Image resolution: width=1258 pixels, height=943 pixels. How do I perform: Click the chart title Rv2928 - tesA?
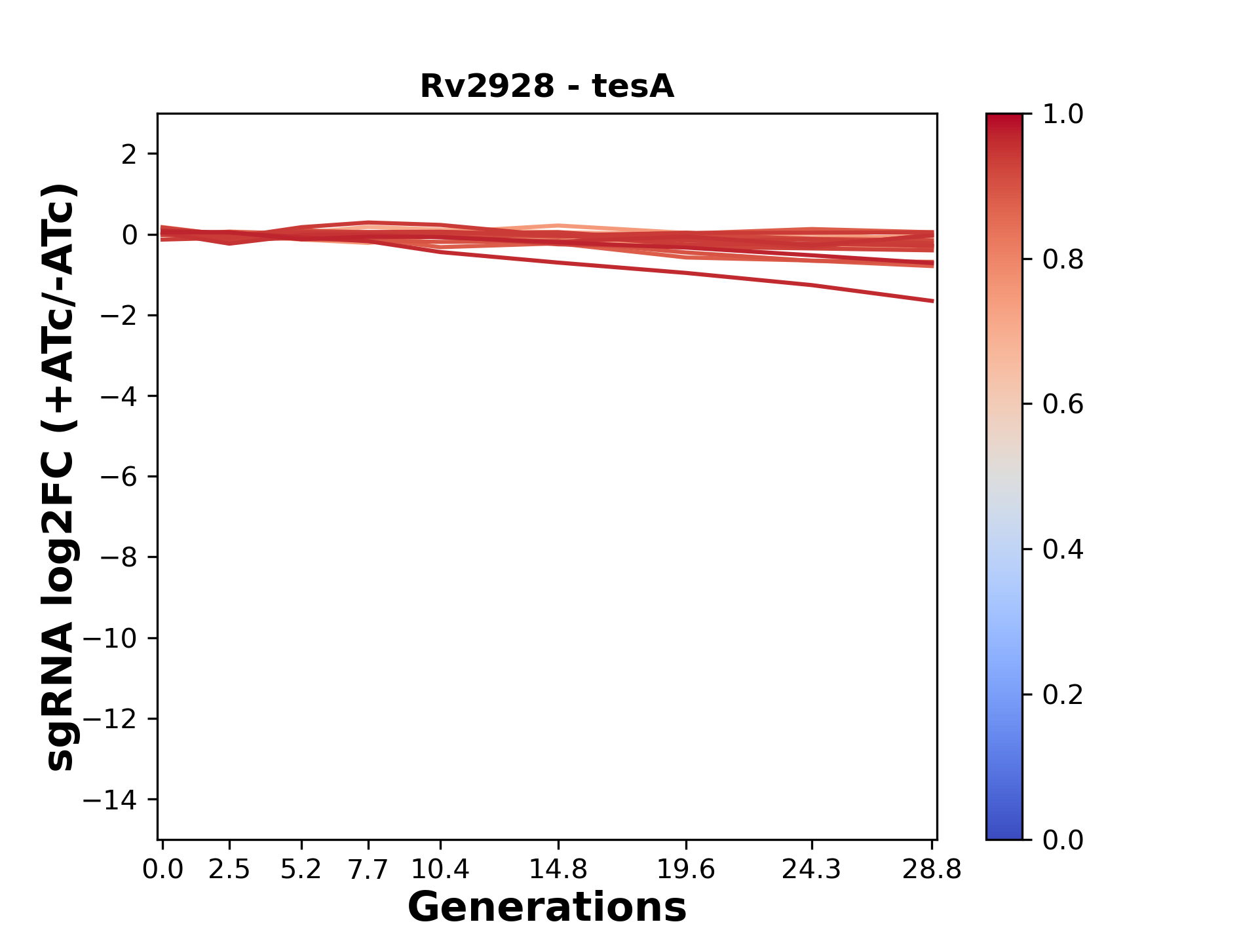[x=546, y=86]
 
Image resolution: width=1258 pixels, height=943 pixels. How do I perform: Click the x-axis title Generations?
[x=546, y=907]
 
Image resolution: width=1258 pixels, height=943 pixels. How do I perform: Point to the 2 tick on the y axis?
[x=129, y=155]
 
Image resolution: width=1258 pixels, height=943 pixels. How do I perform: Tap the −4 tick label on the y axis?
[x=119, y=396]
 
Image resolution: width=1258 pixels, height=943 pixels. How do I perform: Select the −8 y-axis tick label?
[x=119, y=557]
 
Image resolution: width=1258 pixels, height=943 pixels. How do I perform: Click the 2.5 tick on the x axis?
[x=229, y=870]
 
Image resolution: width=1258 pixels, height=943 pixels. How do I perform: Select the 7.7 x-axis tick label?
[x=368, y=870]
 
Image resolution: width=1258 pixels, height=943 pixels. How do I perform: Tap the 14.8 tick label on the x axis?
[x=558, y=870]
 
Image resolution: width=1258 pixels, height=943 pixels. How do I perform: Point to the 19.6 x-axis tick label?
[x=685, y=870]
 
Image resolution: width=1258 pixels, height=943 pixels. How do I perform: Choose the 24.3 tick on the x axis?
[x=812, y=870]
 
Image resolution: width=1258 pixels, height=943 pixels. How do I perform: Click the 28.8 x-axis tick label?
[x=932, y=870]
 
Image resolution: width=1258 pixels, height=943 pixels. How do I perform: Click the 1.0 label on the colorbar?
[x=1062, y=115]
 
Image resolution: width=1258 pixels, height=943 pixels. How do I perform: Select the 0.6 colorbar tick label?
[x=1062, y=405]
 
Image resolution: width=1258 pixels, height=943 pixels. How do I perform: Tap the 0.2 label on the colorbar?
[x=1062, y=695]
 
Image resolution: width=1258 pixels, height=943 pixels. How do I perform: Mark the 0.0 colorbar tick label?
[x=1062, y=840]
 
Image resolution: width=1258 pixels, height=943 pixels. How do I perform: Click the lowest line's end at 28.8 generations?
[x=932, y=301]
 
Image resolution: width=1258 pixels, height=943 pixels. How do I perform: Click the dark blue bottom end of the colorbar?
[x=1004, y=833]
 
